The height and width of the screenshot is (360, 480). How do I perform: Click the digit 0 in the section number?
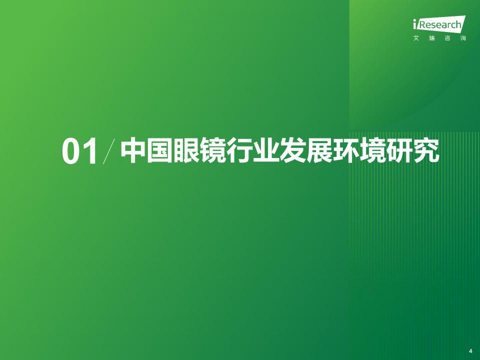[x=71, y=151]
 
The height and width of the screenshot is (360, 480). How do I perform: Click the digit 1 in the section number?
[x=90, y=151]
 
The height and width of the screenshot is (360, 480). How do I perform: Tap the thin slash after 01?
[x=109, y=151]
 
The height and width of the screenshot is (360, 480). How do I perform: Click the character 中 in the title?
[x=133, y=150]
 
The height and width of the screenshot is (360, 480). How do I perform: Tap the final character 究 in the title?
[x=426, y=150]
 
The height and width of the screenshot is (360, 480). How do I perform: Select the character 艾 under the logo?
[x=416, y=38]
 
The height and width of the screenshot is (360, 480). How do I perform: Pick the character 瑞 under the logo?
[x=431, y=38]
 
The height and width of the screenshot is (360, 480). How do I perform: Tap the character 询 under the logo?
[x=463, y=38]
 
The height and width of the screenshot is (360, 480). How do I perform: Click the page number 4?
[x=470, y=351]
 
